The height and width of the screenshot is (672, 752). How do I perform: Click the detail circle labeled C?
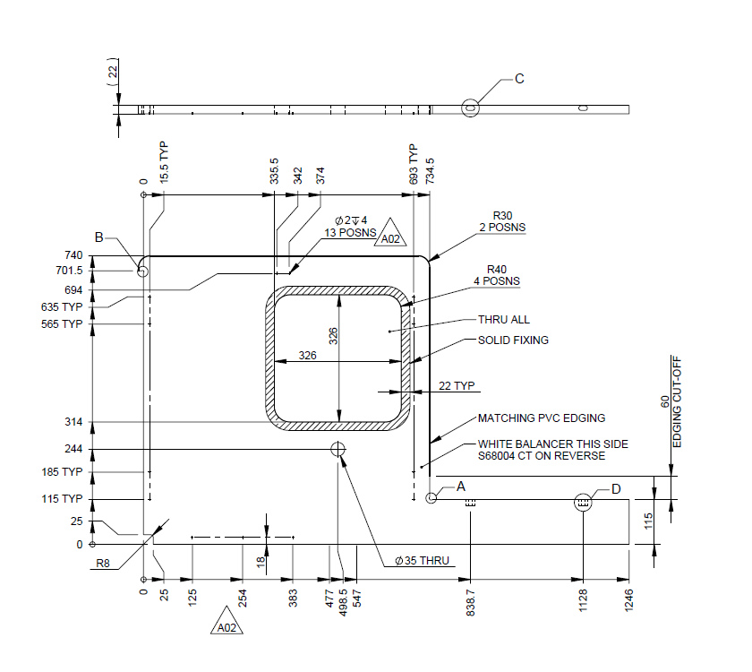click(x=470, y=108)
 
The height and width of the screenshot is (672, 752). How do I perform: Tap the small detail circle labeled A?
click(x=432, y=497)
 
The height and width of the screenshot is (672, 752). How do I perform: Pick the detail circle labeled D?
click(x=583, y=504)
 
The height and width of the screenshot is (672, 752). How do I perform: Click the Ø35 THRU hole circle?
click(x=338, y=449)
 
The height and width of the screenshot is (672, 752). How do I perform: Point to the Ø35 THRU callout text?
click(x=420, y=562)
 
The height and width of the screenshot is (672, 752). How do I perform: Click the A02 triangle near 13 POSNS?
click(x=390, y=235)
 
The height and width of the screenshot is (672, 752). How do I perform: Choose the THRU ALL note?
click(x=504, y=320)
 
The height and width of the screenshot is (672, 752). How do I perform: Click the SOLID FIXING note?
click(x=513, y=340)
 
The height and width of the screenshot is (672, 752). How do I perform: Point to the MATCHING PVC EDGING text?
click(x=541, y=418)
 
